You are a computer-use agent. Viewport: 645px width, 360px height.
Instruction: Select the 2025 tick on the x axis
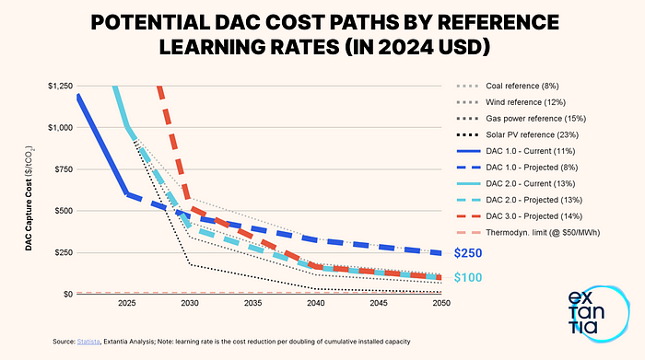127,302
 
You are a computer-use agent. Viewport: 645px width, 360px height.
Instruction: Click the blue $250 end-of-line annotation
467,253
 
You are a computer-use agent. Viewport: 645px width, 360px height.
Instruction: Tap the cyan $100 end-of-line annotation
467,277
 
